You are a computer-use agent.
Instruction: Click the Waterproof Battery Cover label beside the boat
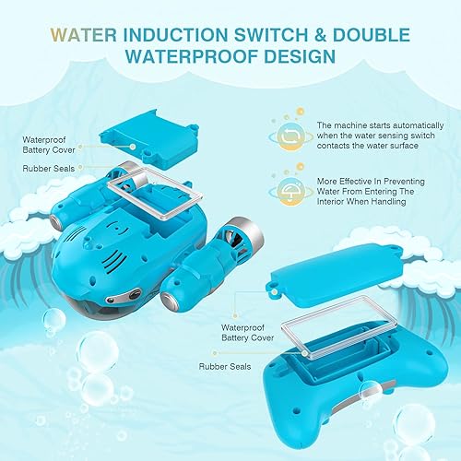(x=45, y=144)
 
